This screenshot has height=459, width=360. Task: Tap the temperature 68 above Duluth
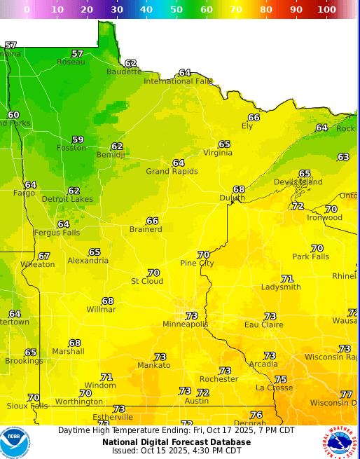coord(239,190)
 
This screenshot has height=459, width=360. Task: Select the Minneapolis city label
coord(186,324)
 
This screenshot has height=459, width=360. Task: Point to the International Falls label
coord(178,81)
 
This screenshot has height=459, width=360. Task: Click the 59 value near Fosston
coord(78,139)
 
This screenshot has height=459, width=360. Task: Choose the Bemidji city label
coord(111,155)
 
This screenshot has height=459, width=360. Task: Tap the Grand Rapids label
coord(172,172)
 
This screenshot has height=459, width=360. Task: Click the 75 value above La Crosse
coord(281,379)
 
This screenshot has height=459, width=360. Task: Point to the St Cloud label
coord(147,282)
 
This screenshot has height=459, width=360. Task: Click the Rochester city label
coord(219,379)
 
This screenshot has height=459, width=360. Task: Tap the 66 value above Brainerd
coord(152,221)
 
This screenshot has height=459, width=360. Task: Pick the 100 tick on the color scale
coord(326,10)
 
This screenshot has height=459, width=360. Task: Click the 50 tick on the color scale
coord(176,10)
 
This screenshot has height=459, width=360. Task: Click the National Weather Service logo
coord(342,442)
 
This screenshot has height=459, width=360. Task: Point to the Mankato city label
coord(154,366)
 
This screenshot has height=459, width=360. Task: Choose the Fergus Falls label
coord(57,233)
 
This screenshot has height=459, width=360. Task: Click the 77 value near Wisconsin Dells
coord(346,395)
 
